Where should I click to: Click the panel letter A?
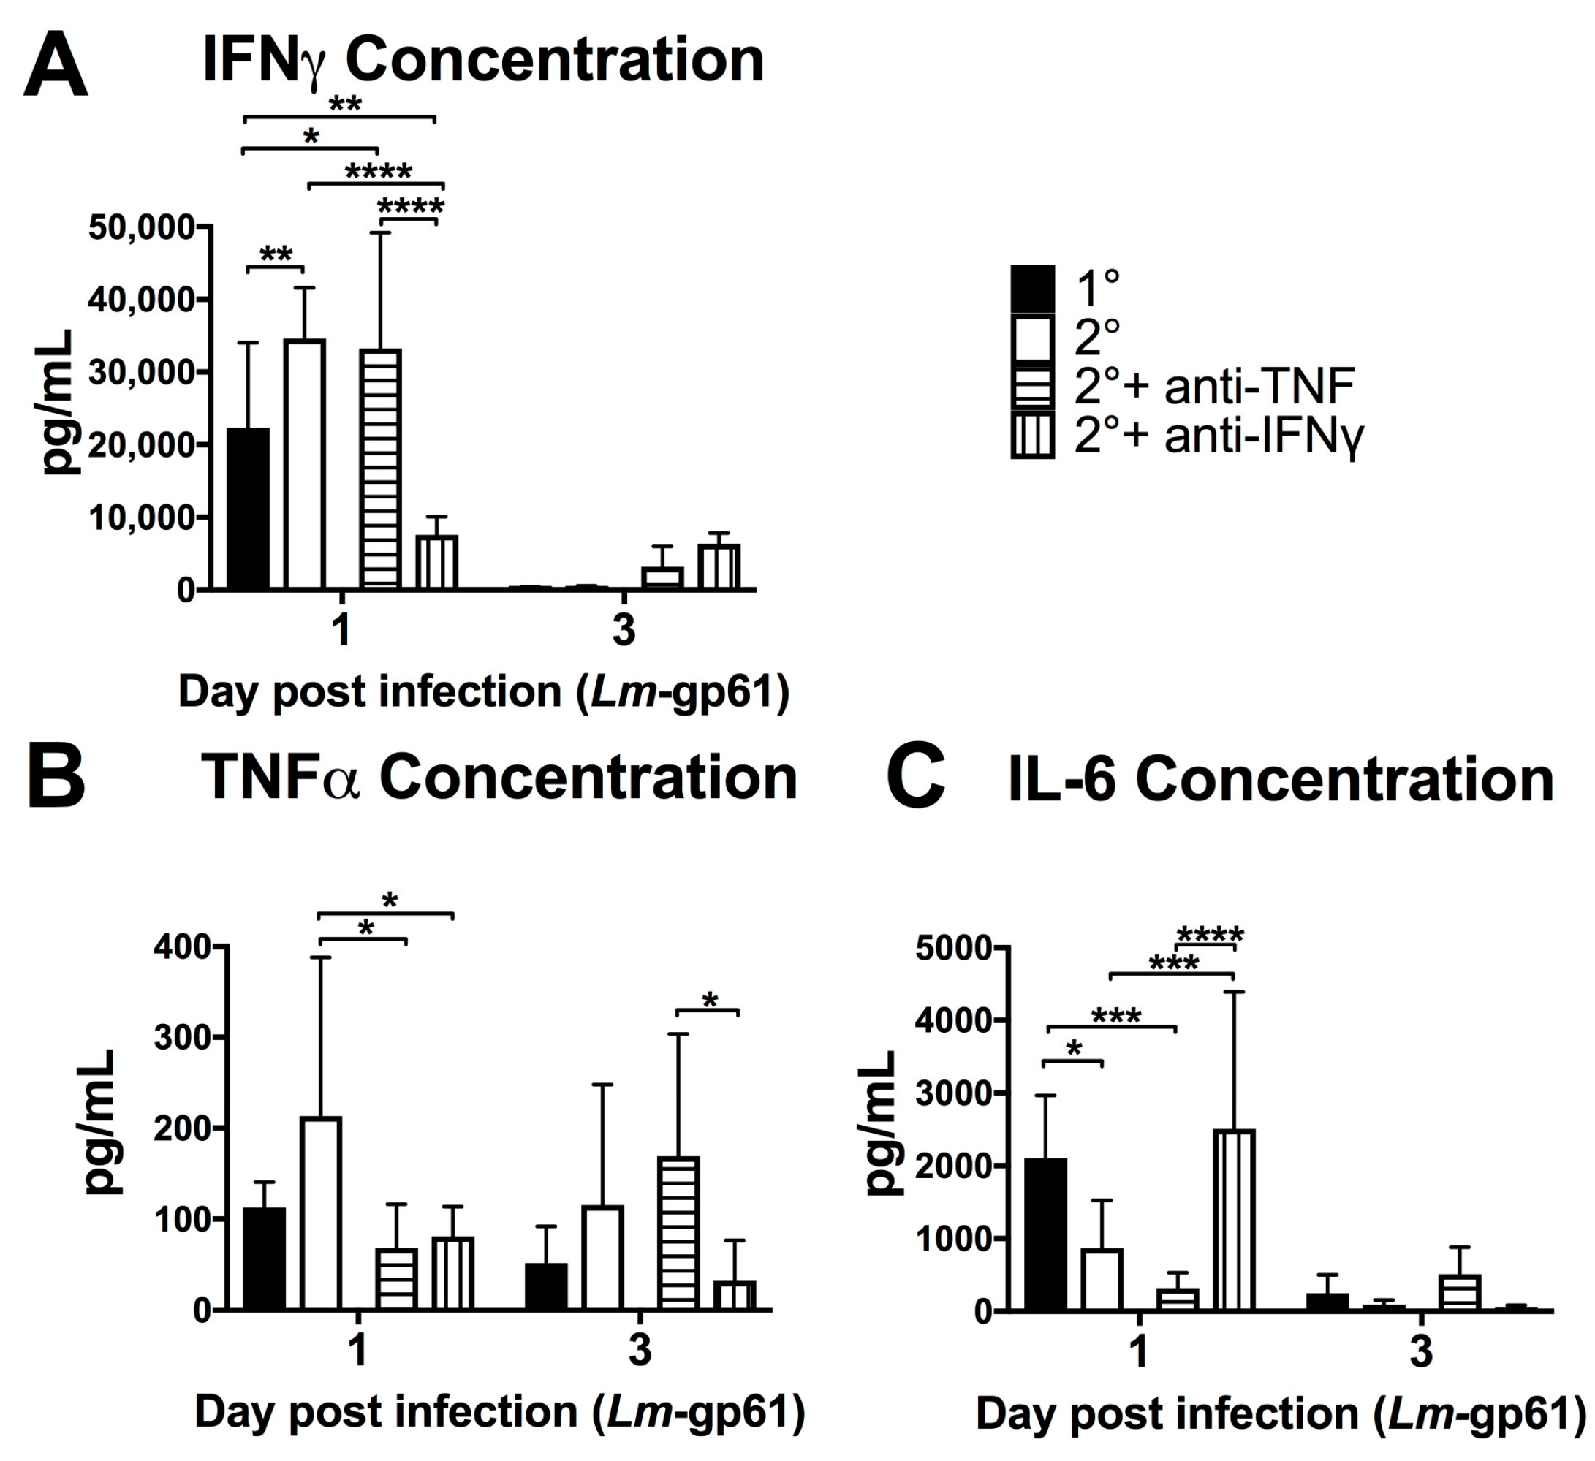click(56, 64)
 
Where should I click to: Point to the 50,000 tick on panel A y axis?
click(143, 228)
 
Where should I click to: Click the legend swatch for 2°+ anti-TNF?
click(1032, 387)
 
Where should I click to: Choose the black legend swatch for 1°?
click(1032, 288)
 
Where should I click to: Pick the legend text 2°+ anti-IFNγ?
click(1219, 434)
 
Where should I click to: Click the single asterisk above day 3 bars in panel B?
click(710, 1001)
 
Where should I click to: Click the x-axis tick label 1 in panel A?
click(341, 631)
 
